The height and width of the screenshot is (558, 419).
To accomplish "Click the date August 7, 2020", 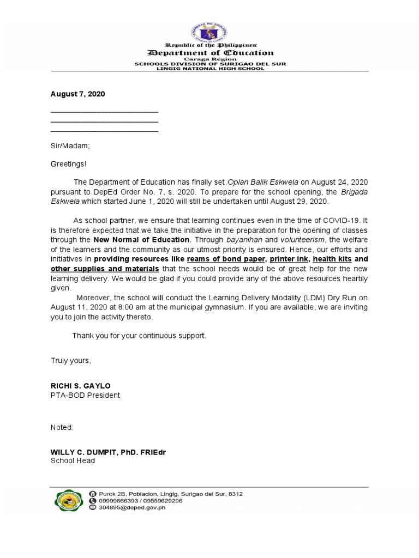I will point(77,94).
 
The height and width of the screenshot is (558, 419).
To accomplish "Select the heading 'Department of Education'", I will point(210,53).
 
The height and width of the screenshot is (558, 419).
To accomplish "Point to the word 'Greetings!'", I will point(68,163).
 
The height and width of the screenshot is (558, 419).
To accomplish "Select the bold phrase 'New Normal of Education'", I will point(142,239).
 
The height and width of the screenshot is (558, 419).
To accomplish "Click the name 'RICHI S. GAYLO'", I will point(80,386).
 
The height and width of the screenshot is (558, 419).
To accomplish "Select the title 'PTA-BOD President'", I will point(85,395).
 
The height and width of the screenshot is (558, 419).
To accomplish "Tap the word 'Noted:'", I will point(62,428).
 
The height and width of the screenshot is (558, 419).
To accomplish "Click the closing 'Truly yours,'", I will point(71,361).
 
